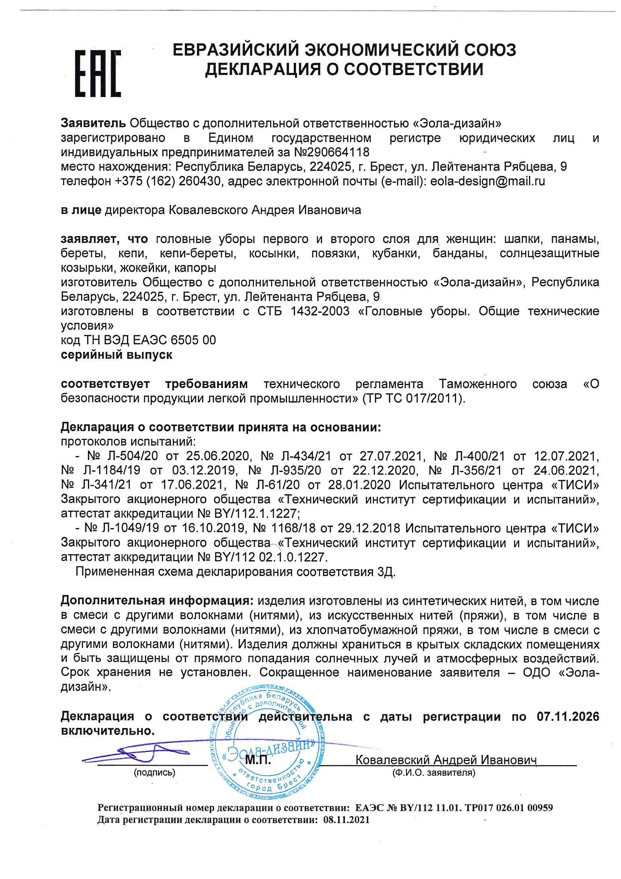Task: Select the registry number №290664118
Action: [332, 152]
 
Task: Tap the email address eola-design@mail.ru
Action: [488, 181]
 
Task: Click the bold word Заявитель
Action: [93, 123]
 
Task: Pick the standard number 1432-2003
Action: [320, 311]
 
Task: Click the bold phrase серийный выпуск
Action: [117, 355]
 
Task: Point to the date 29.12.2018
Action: [369, 528]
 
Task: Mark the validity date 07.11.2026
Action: [568, 716]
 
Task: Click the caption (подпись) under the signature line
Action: [154, 773]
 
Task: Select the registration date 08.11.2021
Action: [346, 820]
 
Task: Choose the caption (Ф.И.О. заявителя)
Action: [434, 773]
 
